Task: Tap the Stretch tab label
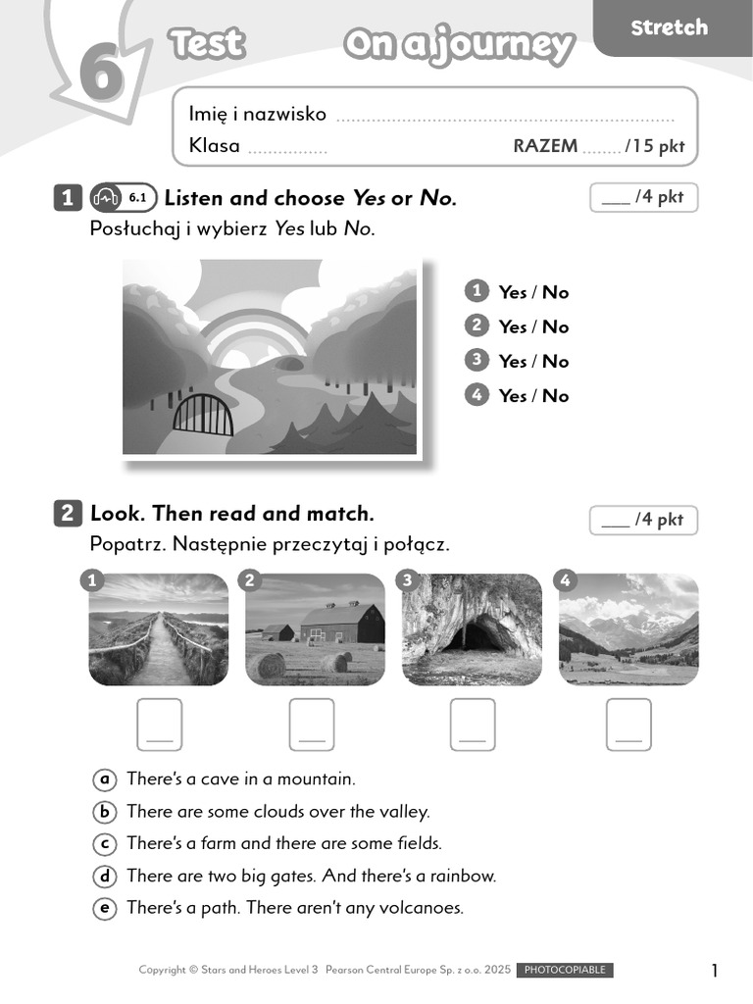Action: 669,27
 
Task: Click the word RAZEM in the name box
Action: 545,146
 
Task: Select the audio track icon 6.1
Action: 123,198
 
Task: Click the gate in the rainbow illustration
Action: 203,415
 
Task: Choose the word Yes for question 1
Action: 512,292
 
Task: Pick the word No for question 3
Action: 555,361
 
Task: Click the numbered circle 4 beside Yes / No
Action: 477,394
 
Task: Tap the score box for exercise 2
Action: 643,520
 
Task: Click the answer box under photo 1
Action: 159,725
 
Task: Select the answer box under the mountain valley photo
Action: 628,725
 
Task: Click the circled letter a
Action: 104,779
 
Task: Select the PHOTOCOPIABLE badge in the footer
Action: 565,970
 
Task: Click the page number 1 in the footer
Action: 715,971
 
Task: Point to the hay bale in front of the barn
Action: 266,665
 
